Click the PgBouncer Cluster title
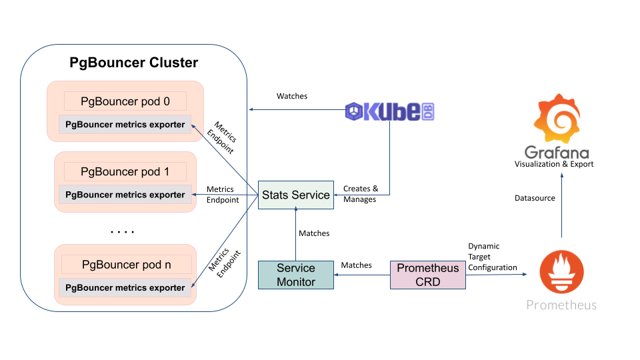point(134,63)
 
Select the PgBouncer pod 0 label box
point(125,101)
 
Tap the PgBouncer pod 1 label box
point(125,172)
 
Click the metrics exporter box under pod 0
point(125,124)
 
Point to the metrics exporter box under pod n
point(125,288)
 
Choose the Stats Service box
point(296,195)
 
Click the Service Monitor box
point(296,275)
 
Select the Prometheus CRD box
point(428,275)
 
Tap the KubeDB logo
point(390,111)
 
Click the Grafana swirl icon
point(561,121)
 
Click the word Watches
point(292,96)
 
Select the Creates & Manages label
point(361,194)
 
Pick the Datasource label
point(535,198)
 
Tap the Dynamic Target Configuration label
point(492,257)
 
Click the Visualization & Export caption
point(554,164)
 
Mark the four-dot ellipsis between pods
point(123,232)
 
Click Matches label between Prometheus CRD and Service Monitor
point(357,265)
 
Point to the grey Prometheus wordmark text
point(561,305)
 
